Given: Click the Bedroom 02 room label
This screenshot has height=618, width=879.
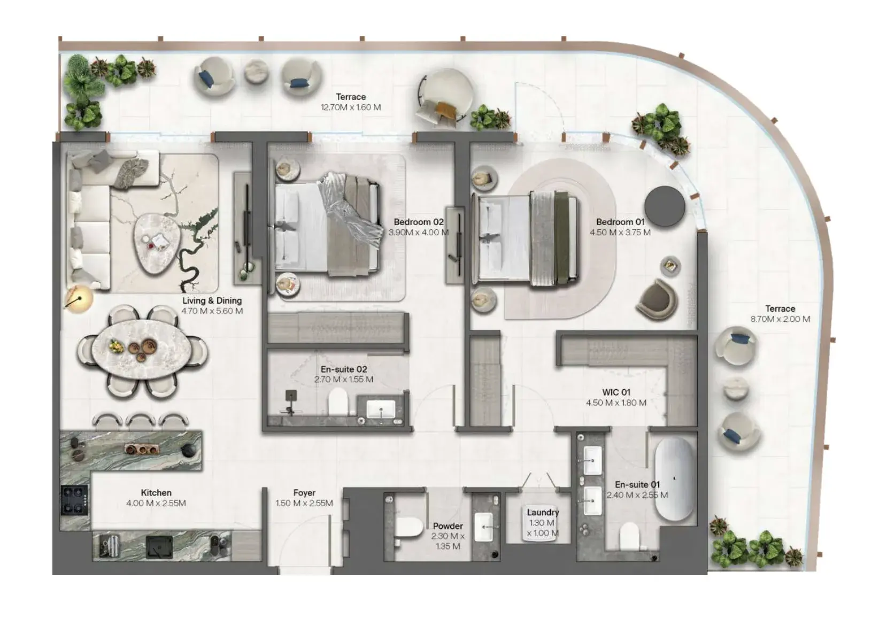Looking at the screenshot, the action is (x=419, y=222).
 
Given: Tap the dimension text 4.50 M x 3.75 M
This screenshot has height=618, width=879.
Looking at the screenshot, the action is (x=620, y=233).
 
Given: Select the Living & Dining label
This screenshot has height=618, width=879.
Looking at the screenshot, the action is (x=212, y=300).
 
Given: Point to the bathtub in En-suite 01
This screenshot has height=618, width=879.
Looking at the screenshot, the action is (x=674, y=478).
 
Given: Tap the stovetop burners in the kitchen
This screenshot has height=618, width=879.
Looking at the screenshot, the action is (x=74, y=500).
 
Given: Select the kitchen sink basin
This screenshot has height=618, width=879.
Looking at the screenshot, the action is (x=159, y=547).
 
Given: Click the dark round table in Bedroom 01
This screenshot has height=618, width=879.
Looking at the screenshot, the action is (x=665, y=206).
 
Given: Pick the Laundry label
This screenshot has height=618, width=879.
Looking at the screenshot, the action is (x=543, y=513).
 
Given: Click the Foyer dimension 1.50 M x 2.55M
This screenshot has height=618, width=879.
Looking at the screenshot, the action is (x=304, y=503).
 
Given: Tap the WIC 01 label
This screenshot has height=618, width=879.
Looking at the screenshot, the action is (x=616, y=392).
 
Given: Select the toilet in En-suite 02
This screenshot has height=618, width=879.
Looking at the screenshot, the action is (x=338, y=401).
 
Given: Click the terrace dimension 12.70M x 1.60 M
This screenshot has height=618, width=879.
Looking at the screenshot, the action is (x=351, y=107).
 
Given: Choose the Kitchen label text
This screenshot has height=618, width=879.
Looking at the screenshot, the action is (x=156, y=493).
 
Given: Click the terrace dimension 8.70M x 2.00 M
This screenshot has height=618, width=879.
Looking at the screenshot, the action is (x=780, y=319).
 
